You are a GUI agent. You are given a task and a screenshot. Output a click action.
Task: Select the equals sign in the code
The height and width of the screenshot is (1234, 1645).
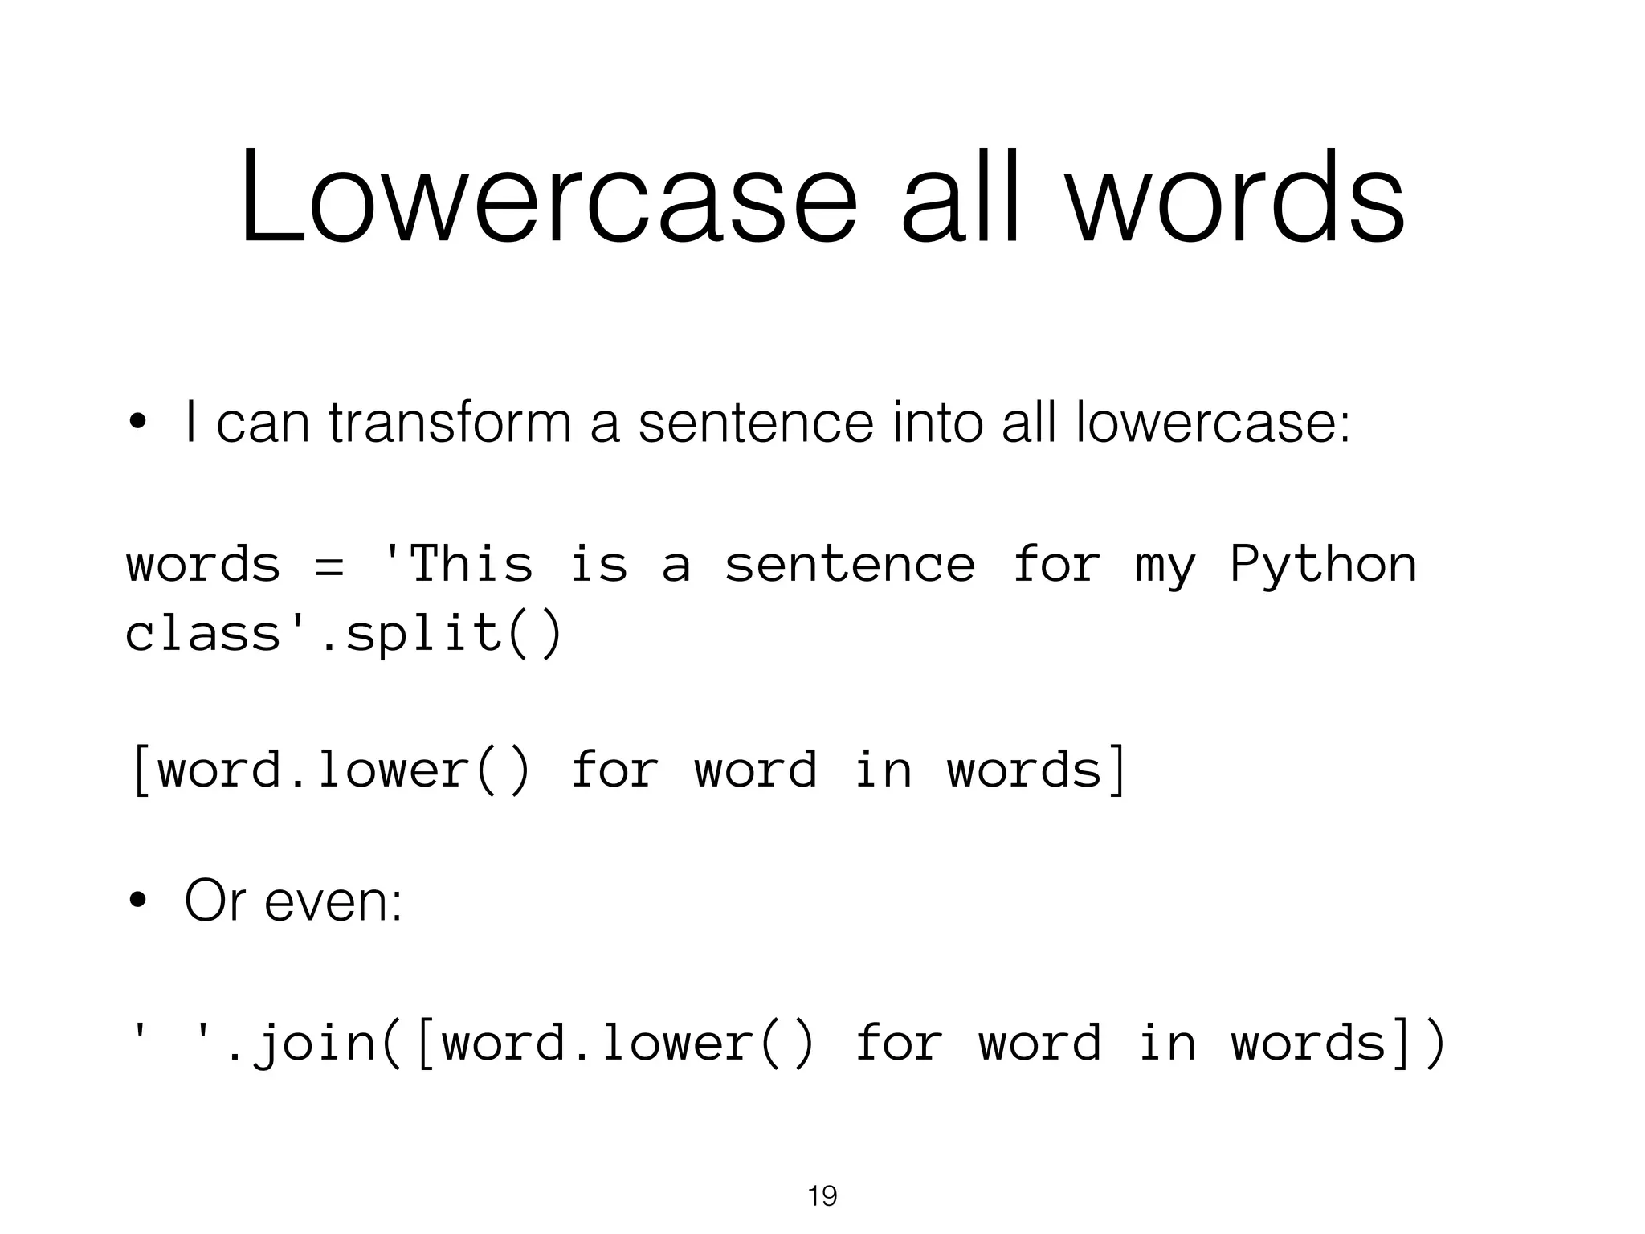click(329, 564)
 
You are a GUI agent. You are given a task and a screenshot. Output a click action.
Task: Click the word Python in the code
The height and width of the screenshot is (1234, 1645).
click(1323, 564)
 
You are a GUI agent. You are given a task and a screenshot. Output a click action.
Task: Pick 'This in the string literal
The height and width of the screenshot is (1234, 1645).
click(458, 564)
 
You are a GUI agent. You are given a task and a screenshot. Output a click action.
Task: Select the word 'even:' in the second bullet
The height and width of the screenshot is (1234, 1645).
click(333, 901)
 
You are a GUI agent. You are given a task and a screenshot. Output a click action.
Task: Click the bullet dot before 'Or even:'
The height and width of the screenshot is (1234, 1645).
click(139, 901)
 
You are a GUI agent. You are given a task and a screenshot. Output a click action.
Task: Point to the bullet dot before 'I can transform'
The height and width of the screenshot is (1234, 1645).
click(139, 423)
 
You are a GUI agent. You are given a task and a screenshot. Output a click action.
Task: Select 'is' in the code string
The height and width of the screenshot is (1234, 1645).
click(598, 564)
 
